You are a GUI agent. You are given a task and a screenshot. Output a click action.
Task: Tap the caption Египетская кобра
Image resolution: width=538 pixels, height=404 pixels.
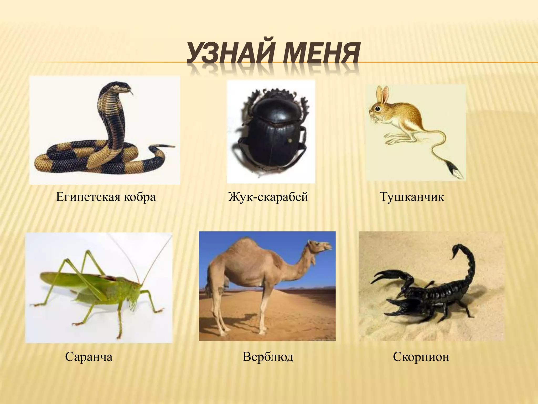point(106,197)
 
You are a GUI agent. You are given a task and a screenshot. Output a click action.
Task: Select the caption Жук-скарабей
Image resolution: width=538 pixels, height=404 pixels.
point(268,197)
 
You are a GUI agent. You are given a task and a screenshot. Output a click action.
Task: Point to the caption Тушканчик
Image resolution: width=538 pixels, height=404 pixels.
point(412,197)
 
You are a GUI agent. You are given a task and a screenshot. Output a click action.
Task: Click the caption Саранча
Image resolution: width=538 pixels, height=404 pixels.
point(89,357)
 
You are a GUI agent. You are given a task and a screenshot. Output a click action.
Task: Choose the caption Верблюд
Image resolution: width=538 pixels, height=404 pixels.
point(268,357)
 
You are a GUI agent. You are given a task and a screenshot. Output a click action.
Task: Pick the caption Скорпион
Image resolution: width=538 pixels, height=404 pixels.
point(421,357)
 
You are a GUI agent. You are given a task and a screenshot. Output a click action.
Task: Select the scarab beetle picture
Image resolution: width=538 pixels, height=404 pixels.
point(271,132)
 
